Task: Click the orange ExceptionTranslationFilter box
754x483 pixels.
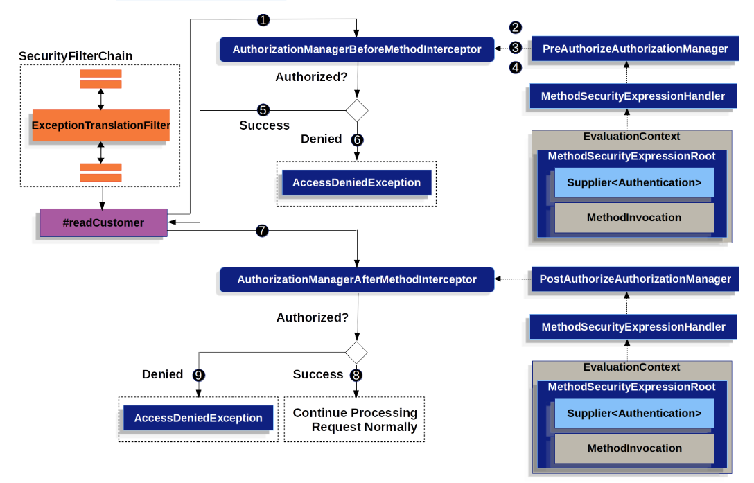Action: click(101, 125)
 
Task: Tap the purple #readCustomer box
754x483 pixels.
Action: click(103, 222)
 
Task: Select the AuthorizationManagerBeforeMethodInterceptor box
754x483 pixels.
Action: click(357, 49)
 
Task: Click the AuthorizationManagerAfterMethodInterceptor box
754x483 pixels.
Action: click(357, 279)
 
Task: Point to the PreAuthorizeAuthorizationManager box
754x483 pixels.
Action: click(635, 49)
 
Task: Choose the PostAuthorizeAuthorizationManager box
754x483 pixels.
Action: click(635, 279)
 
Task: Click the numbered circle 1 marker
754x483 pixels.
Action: click(263, 20)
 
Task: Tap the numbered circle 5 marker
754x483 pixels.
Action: click(263, 110)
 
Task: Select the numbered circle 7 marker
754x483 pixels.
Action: click(262, 231)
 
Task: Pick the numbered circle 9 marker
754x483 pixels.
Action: click(199, 375)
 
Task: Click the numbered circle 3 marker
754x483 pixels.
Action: click(516, 48)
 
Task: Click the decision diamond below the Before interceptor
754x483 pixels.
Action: click(357, 111)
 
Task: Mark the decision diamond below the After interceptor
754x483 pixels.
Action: click(356, 353)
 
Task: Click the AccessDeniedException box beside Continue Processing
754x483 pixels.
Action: click(198, 418)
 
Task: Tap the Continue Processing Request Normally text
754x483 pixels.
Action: click(355, 420)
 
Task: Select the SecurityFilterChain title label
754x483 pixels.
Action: click(76, 56)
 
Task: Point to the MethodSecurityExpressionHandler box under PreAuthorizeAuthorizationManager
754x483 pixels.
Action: click(633, 96)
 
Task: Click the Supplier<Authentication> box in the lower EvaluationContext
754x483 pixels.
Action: click(634, 414)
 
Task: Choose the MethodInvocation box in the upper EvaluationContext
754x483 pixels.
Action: click(634, 218)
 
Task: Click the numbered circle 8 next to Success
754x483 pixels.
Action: click(356, 375)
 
